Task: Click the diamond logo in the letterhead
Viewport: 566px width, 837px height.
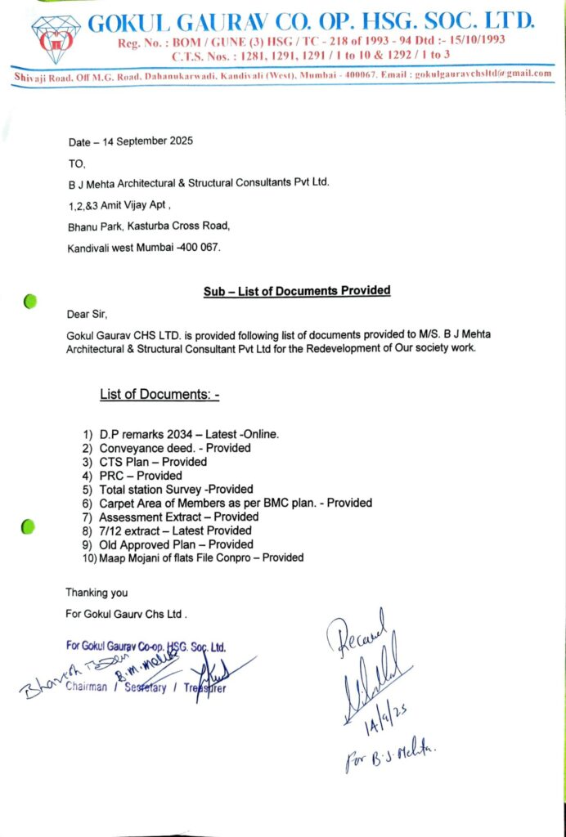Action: coord(55,38)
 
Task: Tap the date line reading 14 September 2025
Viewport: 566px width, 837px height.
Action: coord(131,141)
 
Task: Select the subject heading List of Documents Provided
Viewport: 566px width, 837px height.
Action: coord(296,290)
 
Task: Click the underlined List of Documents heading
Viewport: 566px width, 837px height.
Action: coord(159,395)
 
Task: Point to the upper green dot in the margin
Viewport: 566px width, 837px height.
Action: coord(30,302)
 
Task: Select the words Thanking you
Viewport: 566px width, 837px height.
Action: coord(97,593)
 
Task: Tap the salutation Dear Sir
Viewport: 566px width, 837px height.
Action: coord(87,313)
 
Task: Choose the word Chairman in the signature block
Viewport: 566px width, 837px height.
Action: coord(86,687)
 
